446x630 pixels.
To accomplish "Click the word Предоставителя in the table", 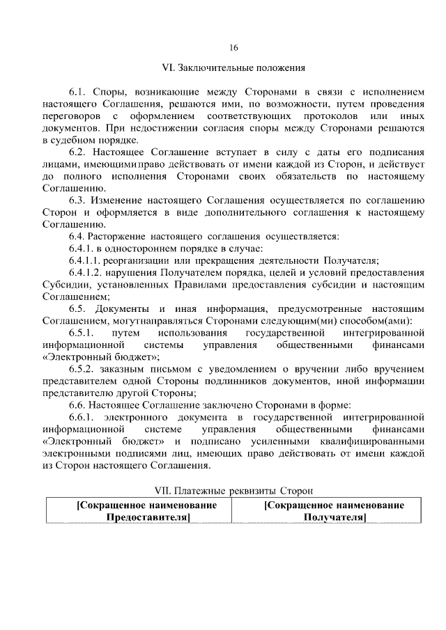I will [x=147, y=518].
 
